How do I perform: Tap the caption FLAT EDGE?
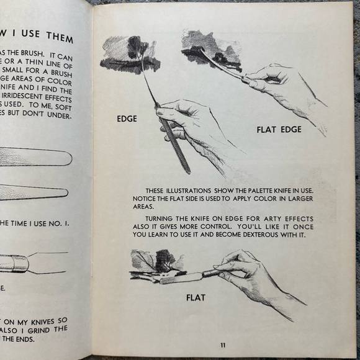tap(279, 130)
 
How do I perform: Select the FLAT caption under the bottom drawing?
tap(197, 297)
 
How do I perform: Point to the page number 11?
tap(222, 345)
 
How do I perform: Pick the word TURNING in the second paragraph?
tap(161, 218)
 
